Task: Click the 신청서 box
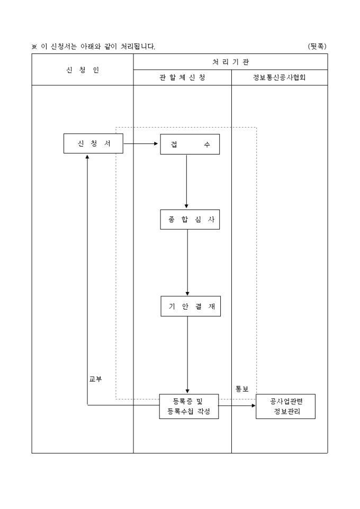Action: [x=93, y=143]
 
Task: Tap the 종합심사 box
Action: [x=190, y=220]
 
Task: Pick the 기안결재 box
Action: [x=190, y=306]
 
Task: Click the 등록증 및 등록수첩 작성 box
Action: [x=188, y=406]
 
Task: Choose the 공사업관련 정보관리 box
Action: [x=285, y=406]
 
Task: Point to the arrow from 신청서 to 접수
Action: [x=141, y=143]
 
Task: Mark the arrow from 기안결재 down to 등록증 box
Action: [x=187, y=355]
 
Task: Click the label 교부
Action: [x=96, y=379]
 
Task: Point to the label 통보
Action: [x=242, y=389]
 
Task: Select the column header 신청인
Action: [x=83, y=70]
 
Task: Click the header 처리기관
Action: [x=230, y=62]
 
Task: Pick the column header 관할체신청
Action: [x=182, y=78]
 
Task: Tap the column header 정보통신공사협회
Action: [x=280, y=78]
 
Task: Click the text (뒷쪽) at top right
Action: [x=317, y=47]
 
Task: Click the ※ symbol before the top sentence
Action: [x=35, y=47]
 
